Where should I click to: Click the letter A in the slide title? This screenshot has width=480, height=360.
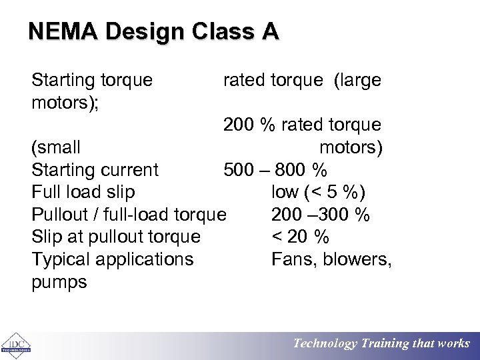270,31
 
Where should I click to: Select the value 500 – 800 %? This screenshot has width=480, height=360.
275,169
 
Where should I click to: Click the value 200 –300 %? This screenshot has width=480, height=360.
321,215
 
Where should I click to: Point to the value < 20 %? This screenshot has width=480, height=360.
300,237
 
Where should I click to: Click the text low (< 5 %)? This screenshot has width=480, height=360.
319,192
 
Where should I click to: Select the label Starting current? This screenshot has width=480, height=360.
95,169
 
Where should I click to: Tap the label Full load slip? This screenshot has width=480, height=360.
83,192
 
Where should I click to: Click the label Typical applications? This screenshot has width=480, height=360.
113,259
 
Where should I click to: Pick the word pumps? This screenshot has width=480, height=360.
59,282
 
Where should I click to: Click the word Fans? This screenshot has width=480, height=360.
293,259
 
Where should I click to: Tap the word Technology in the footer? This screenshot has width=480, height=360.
325,344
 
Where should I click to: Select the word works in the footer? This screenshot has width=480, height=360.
453,344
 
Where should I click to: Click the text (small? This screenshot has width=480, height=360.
56,147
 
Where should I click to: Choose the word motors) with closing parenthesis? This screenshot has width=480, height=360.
351,147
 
